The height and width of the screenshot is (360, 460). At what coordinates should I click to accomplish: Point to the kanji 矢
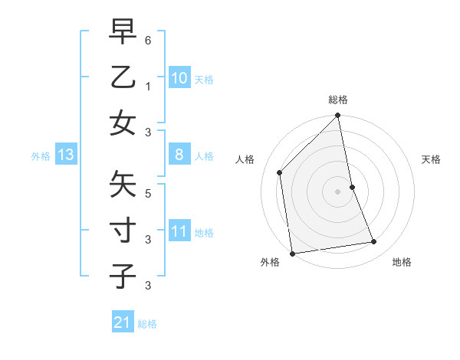(123, 184)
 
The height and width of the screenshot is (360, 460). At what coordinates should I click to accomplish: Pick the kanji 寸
(123, 230)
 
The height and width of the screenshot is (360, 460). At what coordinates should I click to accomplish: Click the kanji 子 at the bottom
(123, 276)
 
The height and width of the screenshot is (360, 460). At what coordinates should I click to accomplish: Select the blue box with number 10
(179, 77)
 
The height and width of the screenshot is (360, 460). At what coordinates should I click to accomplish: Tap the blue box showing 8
(179, 155)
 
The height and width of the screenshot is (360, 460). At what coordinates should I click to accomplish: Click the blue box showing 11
(179, 231)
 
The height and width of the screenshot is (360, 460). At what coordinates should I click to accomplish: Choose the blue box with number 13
(66, 155)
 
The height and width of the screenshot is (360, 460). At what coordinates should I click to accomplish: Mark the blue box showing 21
(122, 322)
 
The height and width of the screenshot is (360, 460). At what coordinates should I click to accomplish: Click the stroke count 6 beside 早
(148, 39)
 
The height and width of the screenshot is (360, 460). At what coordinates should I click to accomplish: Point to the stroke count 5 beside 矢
(148, 194)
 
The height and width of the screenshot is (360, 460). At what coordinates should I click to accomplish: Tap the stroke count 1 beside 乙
(148, 87)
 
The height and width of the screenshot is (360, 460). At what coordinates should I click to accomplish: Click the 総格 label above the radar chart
(338, 100)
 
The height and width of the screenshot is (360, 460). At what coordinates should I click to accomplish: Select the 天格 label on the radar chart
(432, 160)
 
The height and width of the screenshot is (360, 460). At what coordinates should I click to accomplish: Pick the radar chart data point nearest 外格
(292, 254)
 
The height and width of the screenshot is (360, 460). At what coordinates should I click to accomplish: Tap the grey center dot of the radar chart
(338, 191)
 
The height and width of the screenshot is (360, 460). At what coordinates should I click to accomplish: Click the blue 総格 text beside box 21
(147, 324)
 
